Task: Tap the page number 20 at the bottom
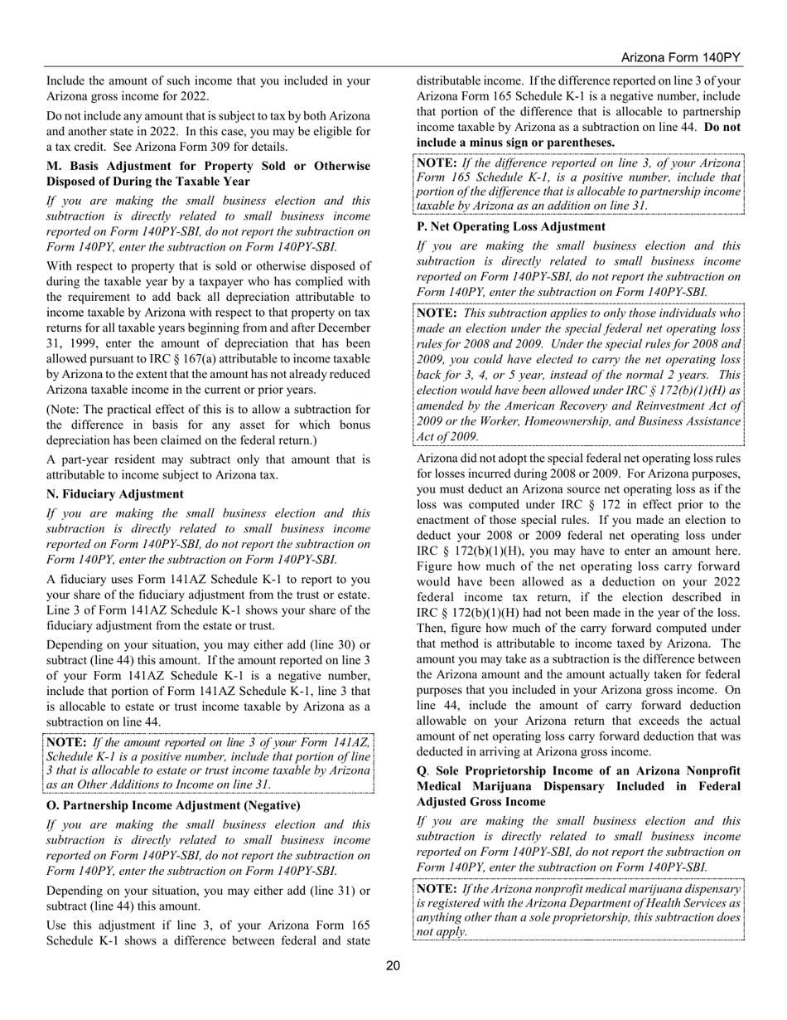click(393, 964)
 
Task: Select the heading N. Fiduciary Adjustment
click(115, 494)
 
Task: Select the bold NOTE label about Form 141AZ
click(66, 742)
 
